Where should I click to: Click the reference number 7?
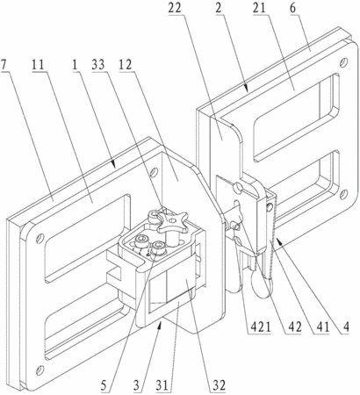pyautogui.click(x=4, y=64)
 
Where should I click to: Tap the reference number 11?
pyautogui.click(x=38, y=64)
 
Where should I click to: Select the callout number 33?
pyautogui.click(x=98, y=64)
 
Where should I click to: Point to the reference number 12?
pyautogui.click(x=125, y=64)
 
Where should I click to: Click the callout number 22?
pyautogui.click(x=175, y=8)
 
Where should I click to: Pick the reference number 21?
pyautogui.click(x=259, y=8)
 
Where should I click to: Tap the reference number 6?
pyautogui.click(x=292, y=8)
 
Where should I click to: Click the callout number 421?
pyautogui.click(x=259, y=327)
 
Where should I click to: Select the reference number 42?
pyautogui.click(x=294, y=327)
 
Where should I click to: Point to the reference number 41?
pyautogui.click(x=320, y=327)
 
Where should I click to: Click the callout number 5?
pyautogui.click(x=104, y=385)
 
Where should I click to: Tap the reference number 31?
pyautogui.click(x=162, y=385)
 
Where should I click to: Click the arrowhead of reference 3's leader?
pyautogui.click(x=160, y=325)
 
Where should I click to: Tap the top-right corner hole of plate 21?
pyautogui.click(x=344, y=62)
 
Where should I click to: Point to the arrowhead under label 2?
pyautogui.click(x=248, y=88)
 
